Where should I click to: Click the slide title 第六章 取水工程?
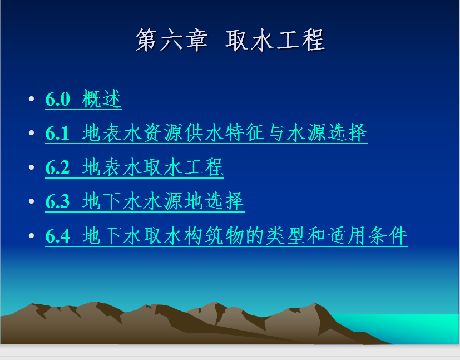[230, 40]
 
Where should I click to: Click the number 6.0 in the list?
[58, 99]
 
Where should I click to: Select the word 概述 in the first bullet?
[101, 99]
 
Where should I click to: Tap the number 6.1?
[57, 133]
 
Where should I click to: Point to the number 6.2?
[57, 167]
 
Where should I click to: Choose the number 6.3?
[57, 201]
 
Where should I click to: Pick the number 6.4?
[58, 235]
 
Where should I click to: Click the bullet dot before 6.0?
[31, 98]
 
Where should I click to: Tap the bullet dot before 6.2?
[31, 167]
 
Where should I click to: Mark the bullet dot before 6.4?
[31, 235]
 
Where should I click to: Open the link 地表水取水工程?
[153, 167]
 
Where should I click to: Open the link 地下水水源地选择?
[163, 201]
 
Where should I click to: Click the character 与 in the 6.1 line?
[276, 132]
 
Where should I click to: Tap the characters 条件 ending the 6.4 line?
[388, 235]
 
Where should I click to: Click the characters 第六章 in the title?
[172, 40]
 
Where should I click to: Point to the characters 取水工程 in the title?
[275, 40]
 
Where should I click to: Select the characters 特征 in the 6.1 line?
[245, 132]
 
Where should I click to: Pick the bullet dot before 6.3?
[31, 201]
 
